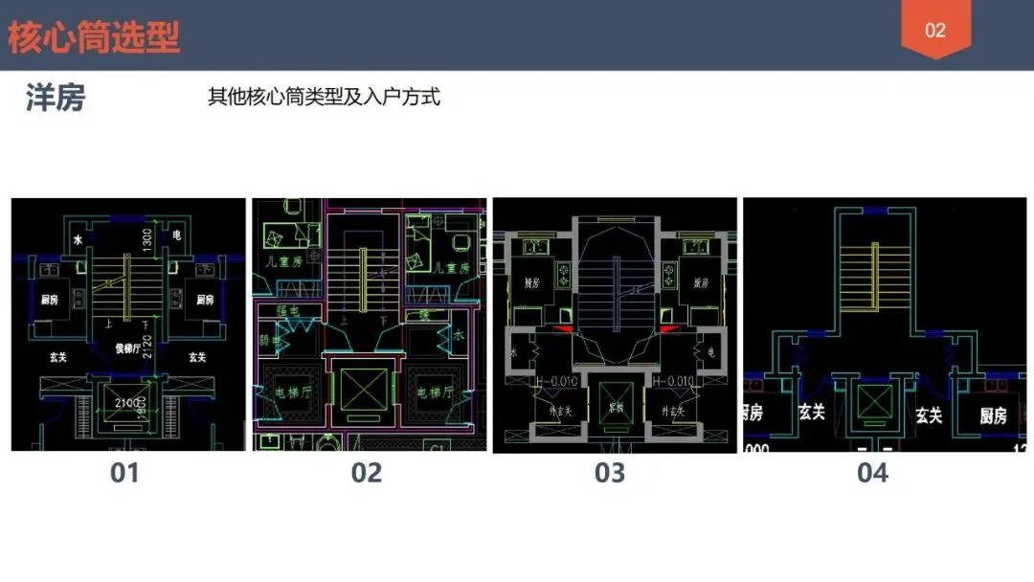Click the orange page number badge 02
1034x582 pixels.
934,30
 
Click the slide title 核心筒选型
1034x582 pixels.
94,37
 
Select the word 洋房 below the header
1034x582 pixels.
56,98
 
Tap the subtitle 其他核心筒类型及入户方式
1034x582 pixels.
324,97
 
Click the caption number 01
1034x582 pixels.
124,472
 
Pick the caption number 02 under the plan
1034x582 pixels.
367,472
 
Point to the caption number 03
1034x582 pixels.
609,472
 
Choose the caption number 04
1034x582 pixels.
872,472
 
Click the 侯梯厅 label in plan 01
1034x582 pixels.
129,348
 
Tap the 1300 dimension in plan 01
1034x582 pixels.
147,241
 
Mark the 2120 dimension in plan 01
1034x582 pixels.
147,351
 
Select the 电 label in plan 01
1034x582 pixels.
177,235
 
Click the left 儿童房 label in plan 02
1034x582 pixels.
285,260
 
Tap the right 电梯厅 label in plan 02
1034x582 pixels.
433,392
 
